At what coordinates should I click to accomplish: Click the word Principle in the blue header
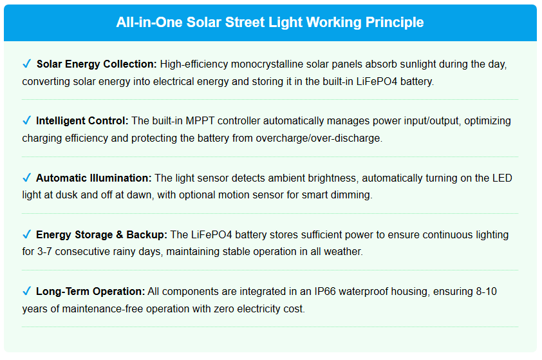[x=395, y=23]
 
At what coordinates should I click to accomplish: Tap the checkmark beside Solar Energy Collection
[x=26, y=64]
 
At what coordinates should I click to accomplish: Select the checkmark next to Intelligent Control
[x=26, y=120]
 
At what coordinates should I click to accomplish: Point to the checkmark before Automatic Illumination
[x=26, y=177]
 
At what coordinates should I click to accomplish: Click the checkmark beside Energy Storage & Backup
[x=26, y=234]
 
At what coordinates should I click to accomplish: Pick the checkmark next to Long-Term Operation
[x=26, y=291]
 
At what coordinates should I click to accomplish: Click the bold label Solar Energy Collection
[x=97, y=64]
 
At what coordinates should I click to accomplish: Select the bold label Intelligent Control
[x=82, y=121]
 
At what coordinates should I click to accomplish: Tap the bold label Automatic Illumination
[x=94, y=178]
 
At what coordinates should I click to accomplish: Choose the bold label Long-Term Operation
[x=91, y=292]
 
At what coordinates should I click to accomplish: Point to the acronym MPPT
[x=200, y=121]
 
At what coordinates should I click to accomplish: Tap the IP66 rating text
[x=325, y=292]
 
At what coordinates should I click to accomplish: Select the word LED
[x=502, y=178]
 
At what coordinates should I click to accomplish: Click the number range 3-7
[x=44, y=251]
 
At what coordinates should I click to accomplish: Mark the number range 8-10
[x=487, y=292]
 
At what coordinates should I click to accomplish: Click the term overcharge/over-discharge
[x=319, y=138]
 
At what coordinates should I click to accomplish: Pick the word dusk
[x=66, y=195]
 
